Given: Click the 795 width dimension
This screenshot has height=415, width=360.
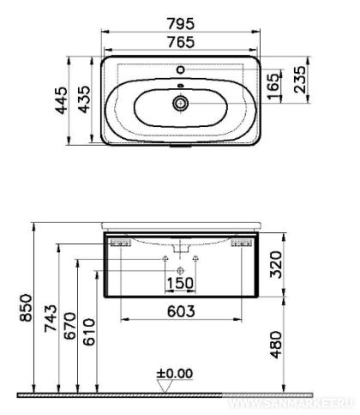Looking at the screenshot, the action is coord(181,23).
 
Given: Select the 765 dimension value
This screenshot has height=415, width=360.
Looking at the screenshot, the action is coord(181,42).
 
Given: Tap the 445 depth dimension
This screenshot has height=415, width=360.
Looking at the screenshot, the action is coord(62,100).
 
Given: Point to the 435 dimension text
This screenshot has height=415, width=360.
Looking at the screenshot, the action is coord(84,99).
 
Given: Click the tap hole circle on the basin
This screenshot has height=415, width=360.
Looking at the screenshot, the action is coord(181,69).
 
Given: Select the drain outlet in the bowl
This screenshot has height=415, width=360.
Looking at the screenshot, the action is coord(181,103).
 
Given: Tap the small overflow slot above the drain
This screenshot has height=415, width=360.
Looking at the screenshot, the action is coord(181,85).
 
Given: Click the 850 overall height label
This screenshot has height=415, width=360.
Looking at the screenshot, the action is coord(27,308).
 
